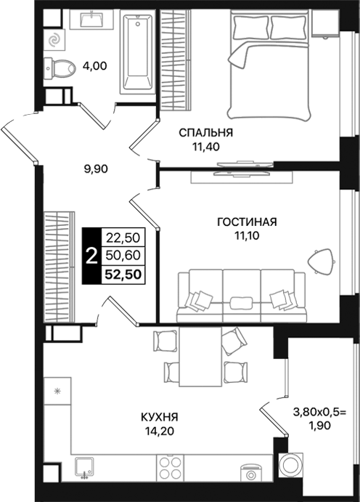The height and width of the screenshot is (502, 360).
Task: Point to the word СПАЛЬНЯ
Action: coord(207,132)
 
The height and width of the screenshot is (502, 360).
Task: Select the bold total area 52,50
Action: coord(124,274)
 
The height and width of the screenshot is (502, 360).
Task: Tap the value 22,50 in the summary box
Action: coord(123,237)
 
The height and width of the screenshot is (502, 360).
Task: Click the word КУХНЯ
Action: coord(160,418)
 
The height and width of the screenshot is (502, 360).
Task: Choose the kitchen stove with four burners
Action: coord(171,467)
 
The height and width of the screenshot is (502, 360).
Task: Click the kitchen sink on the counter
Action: coord(85,467)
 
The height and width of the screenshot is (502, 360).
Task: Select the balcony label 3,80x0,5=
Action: coord(320,411)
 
